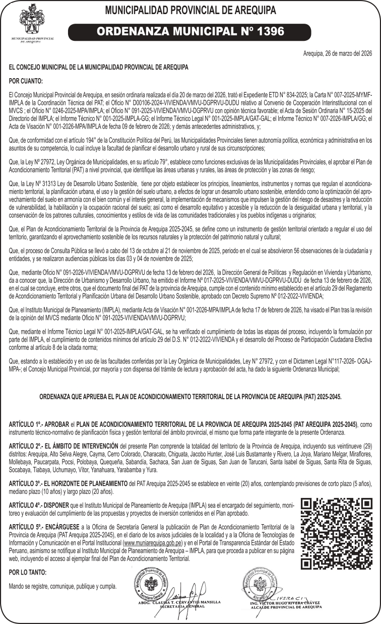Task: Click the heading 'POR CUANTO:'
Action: (x=26, y=80)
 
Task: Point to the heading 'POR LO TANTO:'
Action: (x=28, y=572)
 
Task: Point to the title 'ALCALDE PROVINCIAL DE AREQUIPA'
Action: (x=286, y=607)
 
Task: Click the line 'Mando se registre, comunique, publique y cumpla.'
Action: (x=62, y=586)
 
